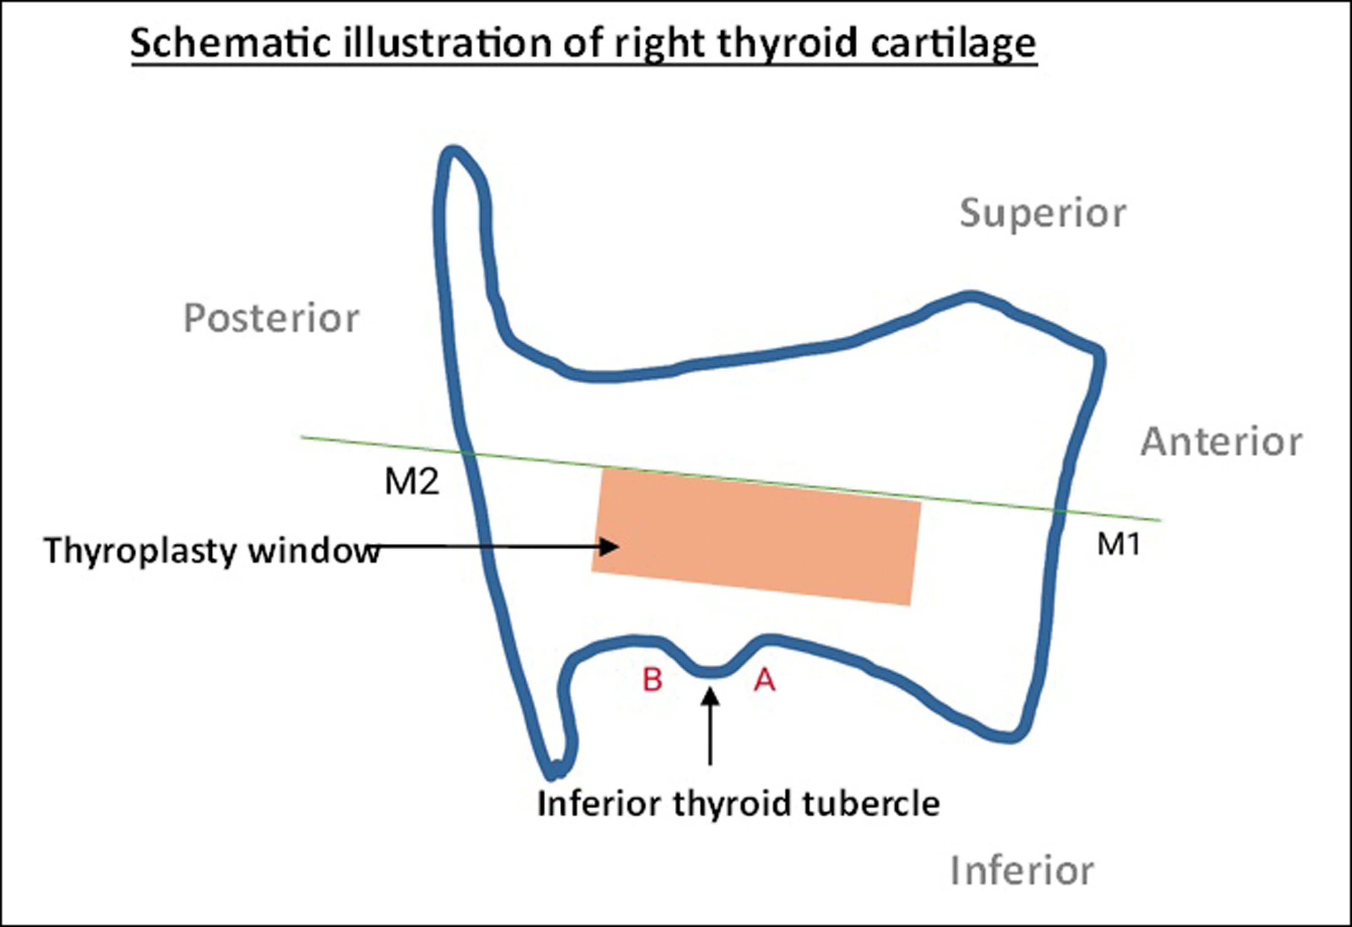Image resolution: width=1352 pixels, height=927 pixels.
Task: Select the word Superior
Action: [x=1042, y=213]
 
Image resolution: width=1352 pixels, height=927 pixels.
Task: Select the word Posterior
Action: [x=271, y=319]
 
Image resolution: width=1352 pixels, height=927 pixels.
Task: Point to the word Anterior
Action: [x=1221, y=442]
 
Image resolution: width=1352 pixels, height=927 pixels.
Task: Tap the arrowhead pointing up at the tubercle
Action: [x=710, y=697]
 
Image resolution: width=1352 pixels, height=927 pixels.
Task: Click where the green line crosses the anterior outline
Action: [x=1060, y=511]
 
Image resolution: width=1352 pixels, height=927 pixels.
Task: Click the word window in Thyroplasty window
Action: [x=314, y=551]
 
